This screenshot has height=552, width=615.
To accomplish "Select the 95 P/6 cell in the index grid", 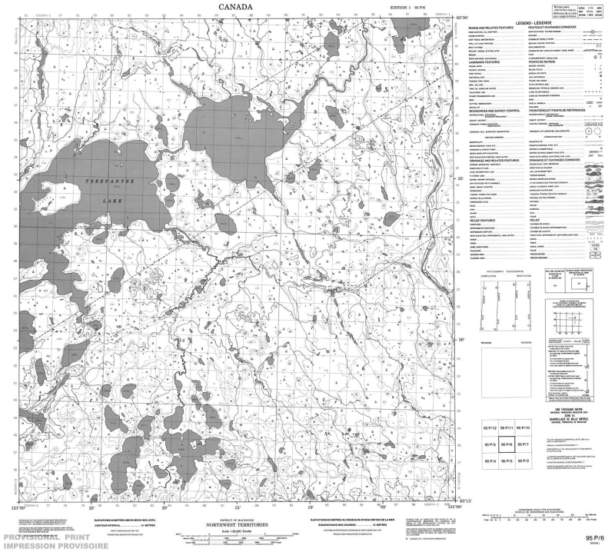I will (507, 444).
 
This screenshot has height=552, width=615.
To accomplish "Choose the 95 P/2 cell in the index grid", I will (524, 460).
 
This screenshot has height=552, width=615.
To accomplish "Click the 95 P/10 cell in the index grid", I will (524, 427).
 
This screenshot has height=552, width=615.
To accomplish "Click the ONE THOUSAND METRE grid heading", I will (570, 409).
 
